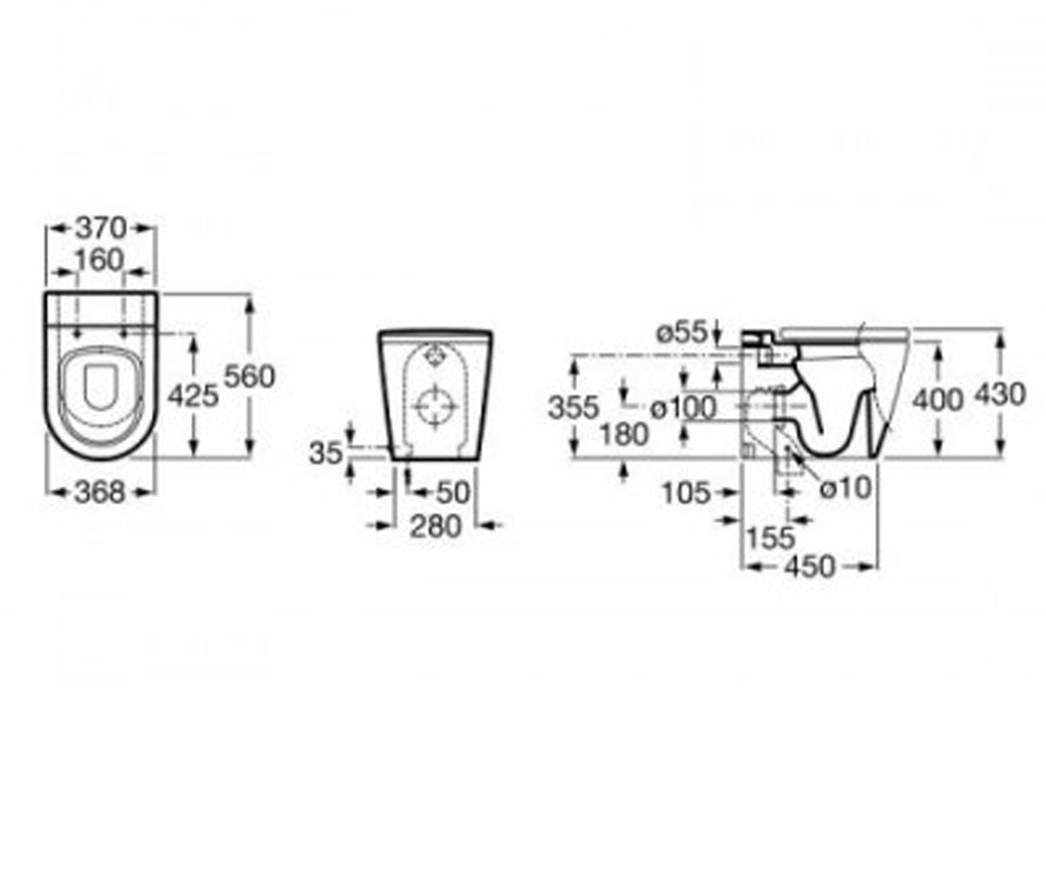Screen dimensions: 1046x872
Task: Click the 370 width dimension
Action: click(x=101, y=228)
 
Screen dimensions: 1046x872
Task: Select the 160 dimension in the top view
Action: click(x=99, y=260)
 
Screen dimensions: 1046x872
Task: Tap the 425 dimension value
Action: click(x=193, y=395)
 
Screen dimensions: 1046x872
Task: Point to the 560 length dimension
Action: click(x=249, y=376)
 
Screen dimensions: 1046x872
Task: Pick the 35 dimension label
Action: click(x=326, y=453)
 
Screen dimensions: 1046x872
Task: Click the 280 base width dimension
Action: click(x=435, y=527)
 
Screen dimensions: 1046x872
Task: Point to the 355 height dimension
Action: click(x=574, y=407)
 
